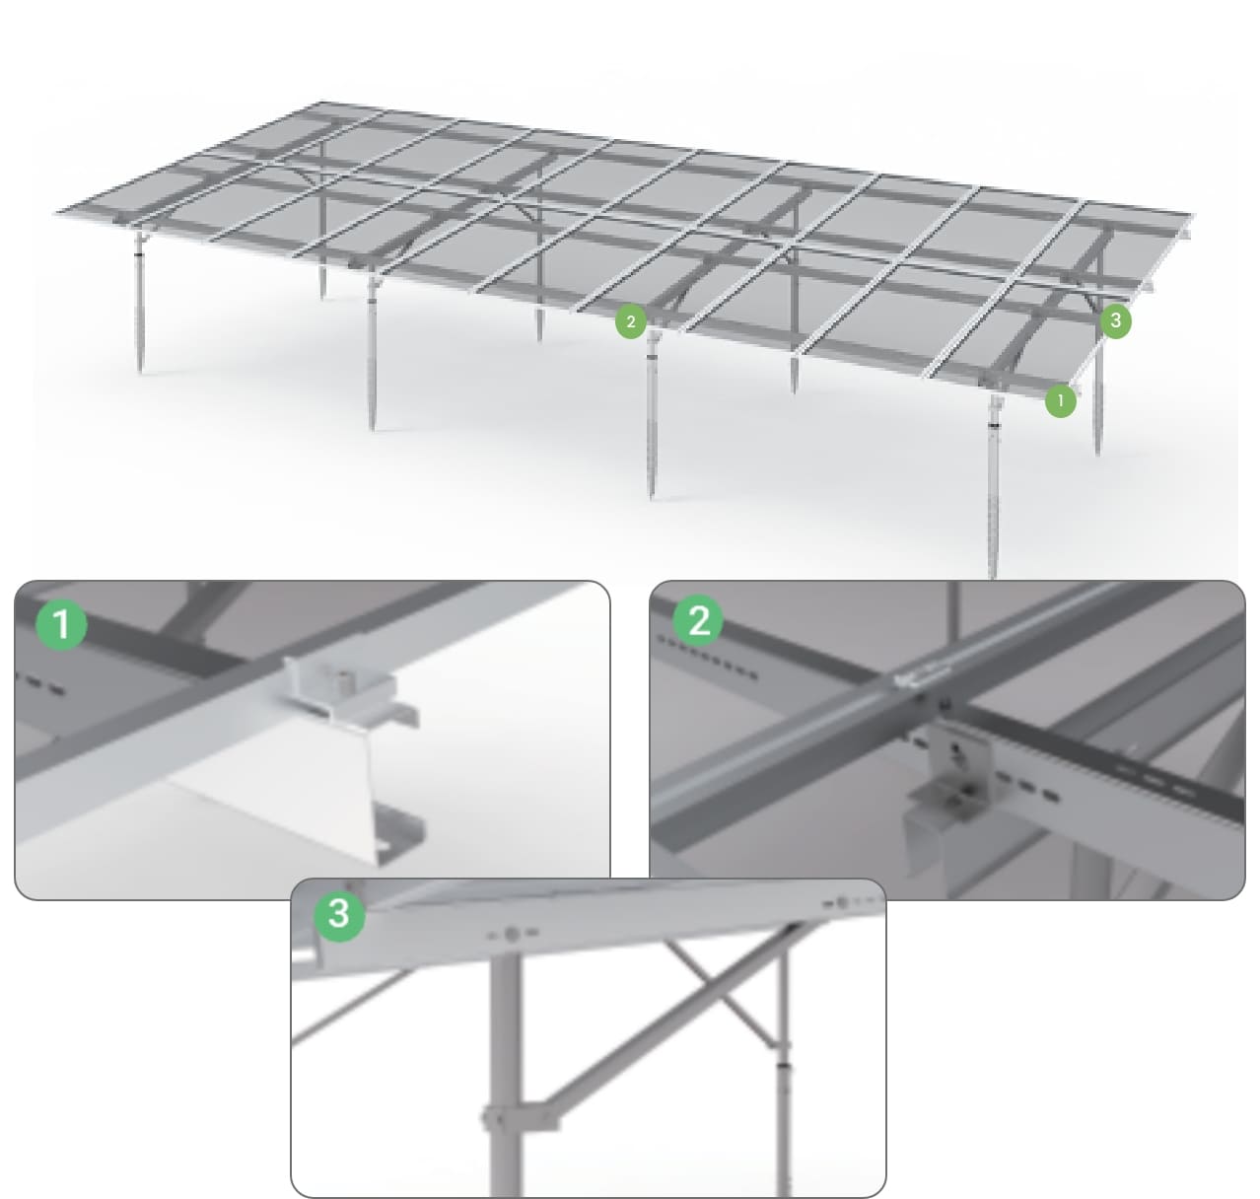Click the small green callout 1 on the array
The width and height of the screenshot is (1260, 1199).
pyautogui.click(x=1060, y=401)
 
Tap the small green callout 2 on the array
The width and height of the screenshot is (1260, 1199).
pyautogui.click(x=630, y=321)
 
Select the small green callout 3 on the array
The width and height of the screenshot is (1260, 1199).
pyautogui.click(x=1115, y=320)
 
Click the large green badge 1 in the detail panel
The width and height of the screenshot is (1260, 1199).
pyautogui.click(x=60, y=624)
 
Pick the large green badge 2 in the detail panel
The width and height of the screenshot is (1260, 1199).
pyautogui.click(x=699, y=621)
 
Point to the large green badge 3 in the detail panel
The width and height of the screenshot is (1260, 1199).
pyautogui.click(x=338, y=914)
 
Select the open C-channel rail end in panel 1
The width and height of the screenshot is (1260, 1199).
pyautogui.click(x=394, y=833)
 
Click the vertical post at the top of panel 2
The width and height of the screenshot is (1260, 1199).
pyautogui.click(x=952, y=603)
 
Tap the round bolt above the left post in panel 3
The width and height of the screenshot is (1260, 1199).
pyautogui.click(x=512, y=933)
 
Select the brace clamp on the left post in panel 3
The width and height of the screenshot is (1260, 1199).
pyautogui.click(x=518, y=1120)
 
